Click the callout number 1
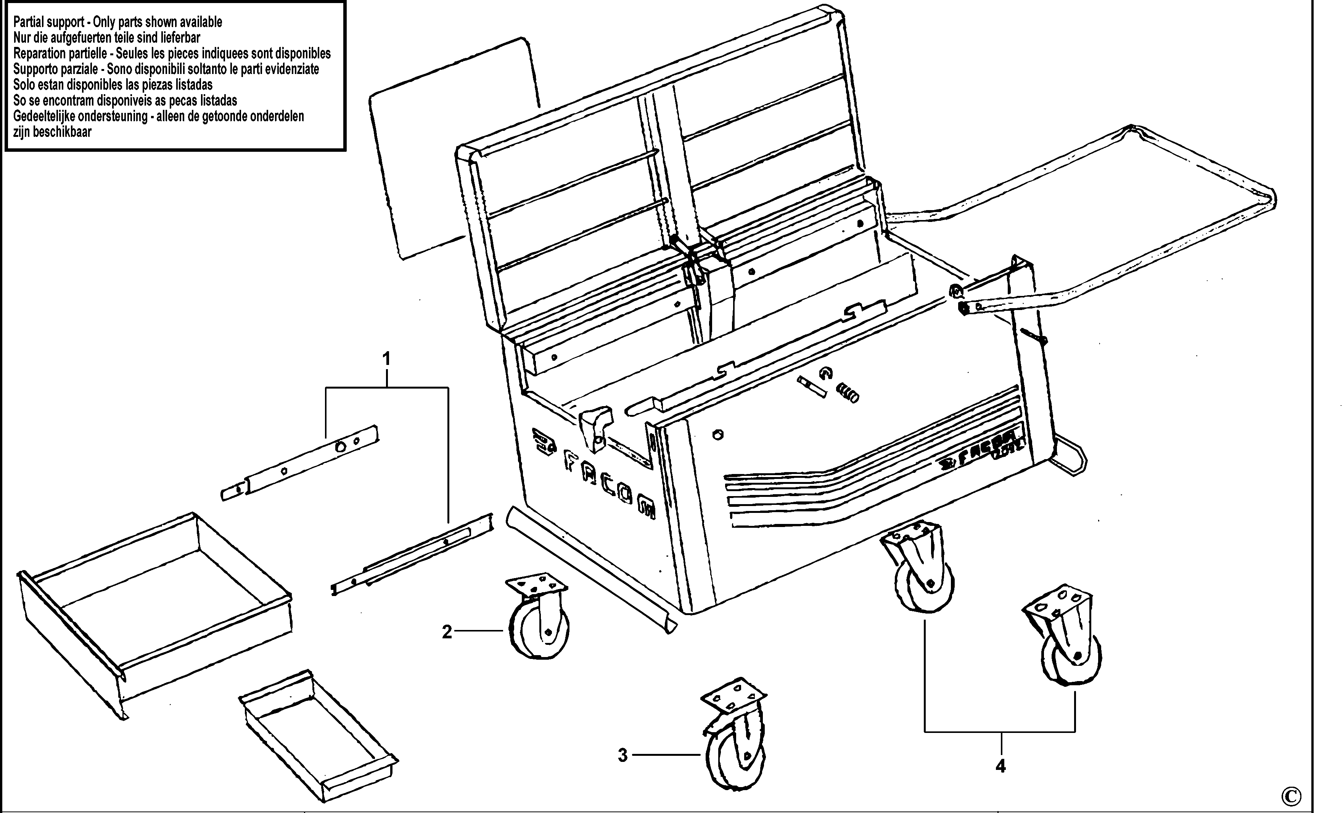coord(386,359)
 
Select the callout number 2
coord(447,632)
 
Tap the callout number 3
coord(622,755)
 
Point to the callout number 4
coord(1000,766)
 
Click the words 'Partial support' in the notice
coord(50,22)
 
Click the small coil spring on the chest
coord(848,392)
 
